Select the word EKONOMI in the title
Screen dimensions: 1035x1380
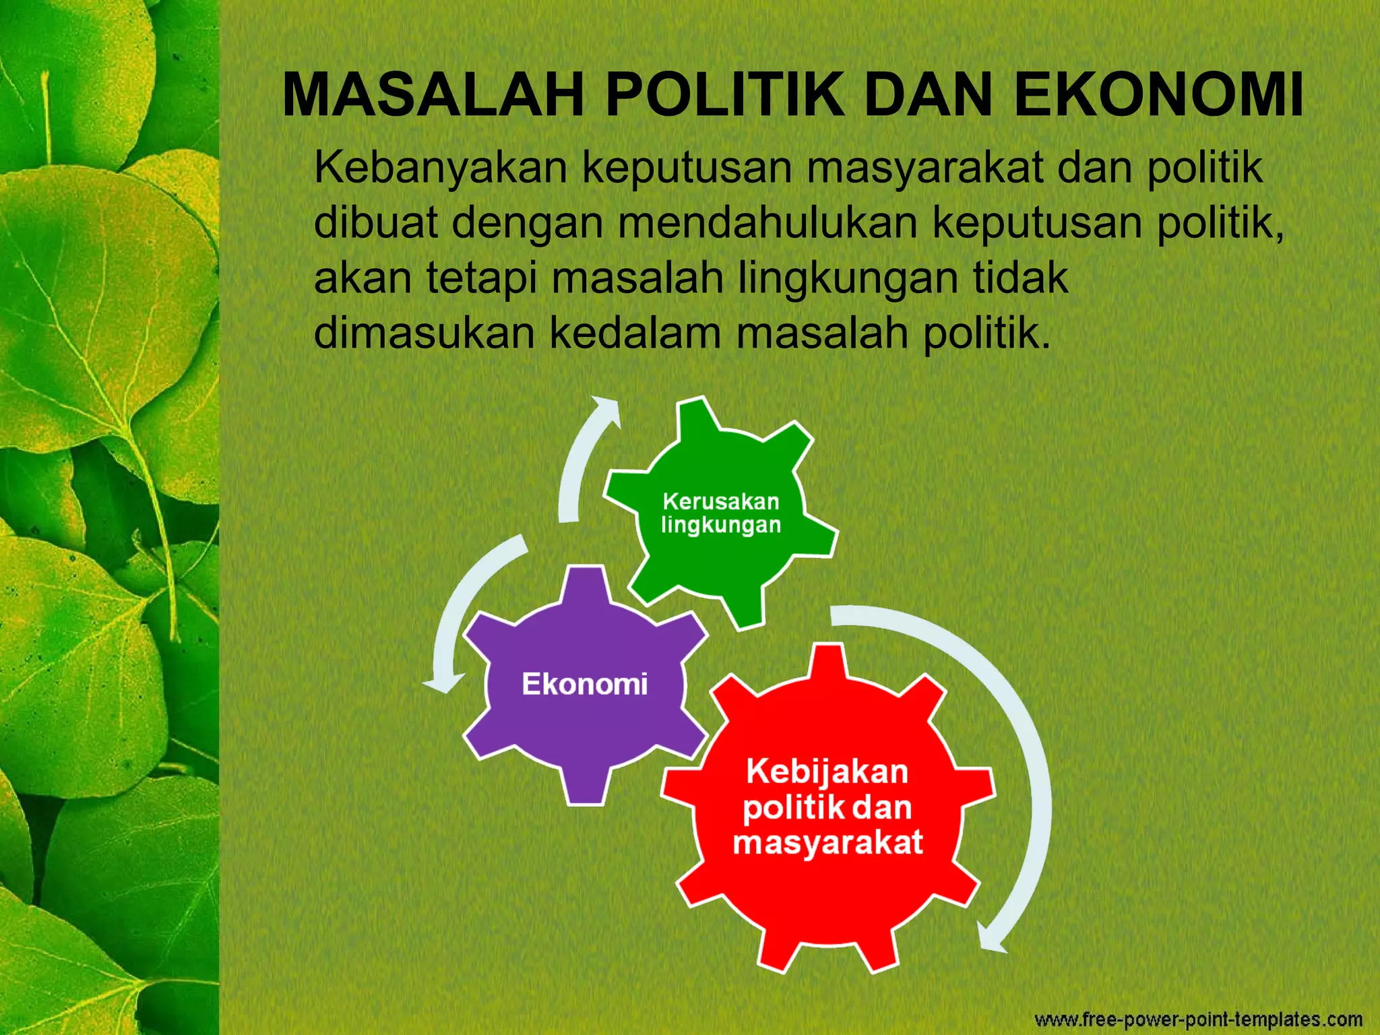tap(1158, 95)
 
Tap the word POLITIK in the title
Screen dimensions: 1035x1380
tap(724, 95)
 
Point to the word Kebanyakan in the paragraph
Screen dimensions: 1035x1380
tap(441, 168)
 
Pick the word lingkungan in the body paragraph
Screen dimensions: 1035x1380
tap(848, 278)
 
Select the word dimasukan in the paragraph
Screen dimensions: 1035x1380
tap(424, 333)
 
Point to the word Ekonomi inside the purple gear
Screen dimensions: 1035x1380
tap(585, 684)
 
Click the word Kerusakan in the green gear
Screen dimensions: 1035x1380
tap(720, 501)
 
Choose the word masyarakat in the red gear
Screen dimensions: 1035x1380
tap(827, 843)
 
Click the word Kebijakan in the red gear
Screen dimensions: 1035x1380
tap(827, 772)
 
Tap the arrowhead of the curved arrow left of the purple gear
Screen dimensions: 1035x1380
tap(443, 683)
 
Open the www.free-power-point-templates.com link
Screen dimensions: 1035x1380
tap(1199, 1020)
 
